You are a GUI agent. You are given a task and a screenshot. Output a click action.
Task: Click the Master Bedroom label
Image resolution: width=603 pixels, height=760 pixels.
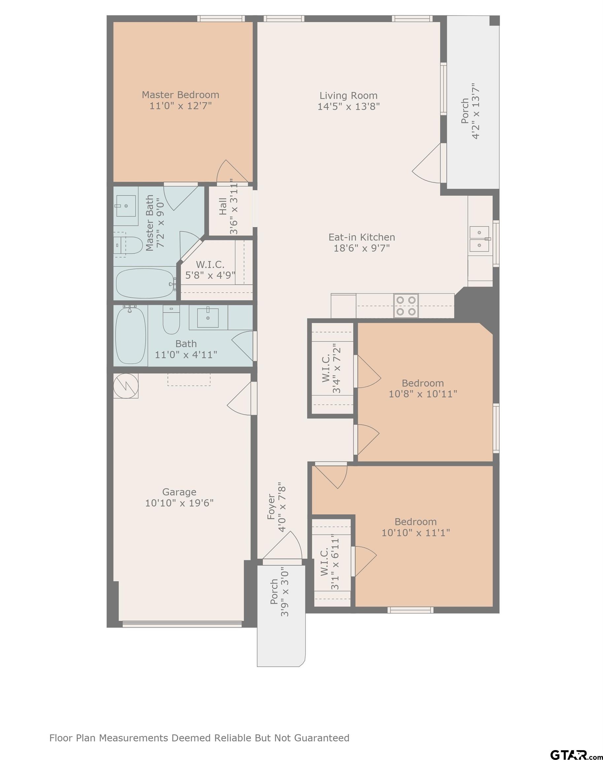[x=180, y=95]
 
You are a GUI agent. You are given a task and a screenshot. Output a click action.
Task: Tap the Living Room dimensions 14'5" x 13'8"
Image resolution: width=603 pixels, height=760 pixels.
[x=349, y=107]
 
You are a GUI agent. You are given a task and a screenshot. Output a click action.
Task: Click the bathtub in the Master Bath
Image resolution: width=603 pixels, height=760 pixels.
[x=146, y=283]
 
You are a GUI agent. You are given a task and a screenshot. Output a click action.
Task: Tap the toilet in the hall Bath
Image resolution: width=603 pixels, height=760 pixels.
[x=171, y=319]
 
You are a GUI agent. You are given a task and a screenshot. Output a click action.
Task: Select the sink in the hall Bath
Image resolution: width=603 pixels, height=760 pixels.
[x=208, y=318]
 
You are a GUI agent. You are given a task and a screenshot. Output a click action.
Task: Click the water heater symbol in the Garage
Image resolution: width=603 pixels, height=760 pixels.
[x=126, y=386]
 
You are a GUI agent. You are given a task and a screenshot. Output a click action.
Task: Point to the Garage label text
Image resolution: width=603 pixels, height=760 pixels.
[x=179, y=492]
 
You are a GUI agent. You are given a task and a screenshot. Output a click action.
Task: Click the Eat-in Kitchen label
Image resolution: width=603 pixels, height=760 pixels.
[x=362, y=237]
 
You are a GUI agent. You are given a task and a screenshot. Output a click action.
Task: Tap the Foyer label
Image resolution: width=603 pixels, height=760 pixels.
[x=271, y=507]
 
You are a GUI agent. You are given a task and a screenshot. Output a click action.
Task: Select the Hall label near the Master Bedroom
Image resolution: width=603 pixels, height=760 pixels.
[x=223, y=206]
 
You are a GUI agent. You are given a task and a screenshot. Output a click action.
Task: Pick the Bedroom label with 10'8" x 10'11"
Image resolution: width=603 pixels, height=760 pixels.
[x=423, y=383]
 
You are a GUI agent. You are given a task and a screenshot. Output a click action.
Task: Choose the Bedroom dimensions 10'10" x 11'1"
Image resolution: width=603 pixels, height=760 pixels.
[x=416, y=532]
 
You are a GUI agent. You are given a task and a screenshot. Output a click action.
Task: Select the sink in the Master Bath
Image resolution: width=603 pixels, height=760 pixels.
[x=125, y=206]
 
